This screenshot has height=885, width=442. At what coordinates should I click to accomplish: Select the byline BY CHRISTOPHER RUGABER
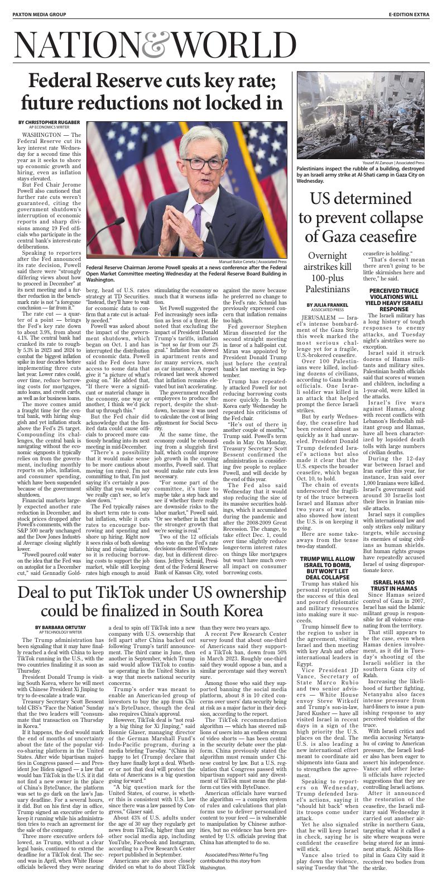click(49, 122)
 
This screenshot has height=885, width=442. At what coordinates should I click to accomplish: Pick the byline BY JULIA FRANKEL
click(327, 304)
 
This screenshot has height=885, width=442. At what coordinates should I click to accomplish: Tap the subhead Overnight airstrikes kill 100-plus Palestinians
click(327, 272)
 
